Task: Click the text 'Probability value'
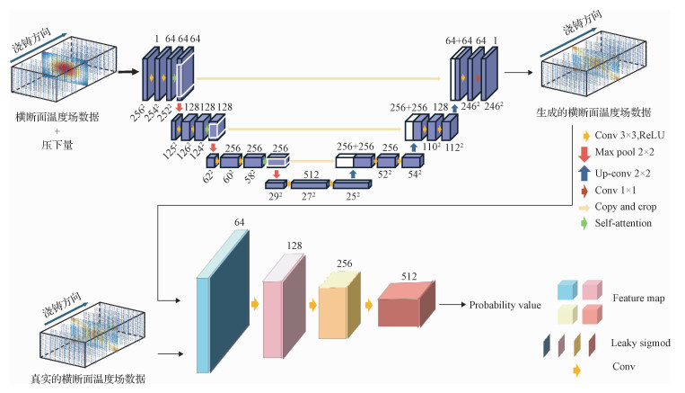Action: click(x=505, y=305)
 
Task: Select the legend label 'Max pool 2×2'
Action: click(x=622, y=155)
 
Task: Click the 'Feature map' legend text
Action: click(x=638, y=298)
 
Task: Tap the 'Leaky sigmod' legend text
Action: click(x=640, y=343)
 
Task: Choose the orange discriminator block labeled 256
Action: click(x=337, y=306)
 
